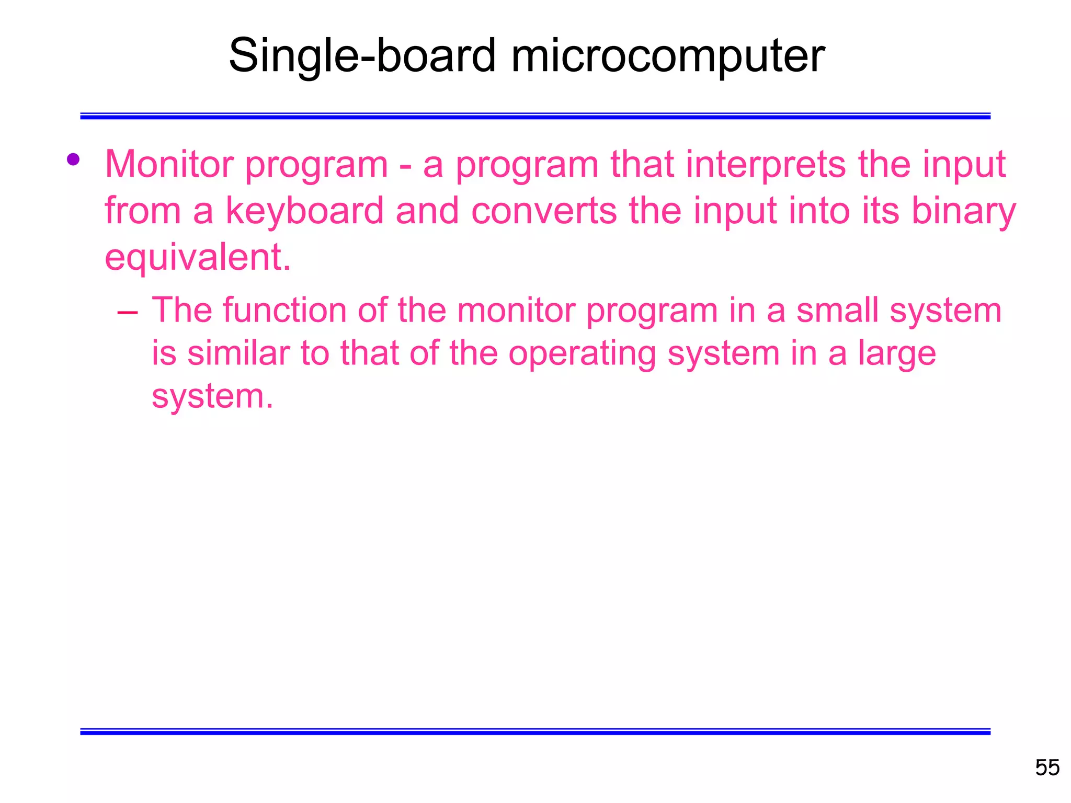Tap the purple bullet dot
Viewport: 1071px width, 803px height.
point(73,159)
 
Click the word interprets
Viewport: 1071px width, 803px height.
point(765,165)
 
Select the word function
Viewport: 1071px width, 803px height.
point(284,311)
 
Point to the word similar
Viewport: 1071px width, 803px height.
point(238,353)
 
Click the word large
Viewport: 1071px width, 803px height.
point(897,353)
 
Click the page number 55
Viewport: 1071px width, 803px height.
point(1047,768)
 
